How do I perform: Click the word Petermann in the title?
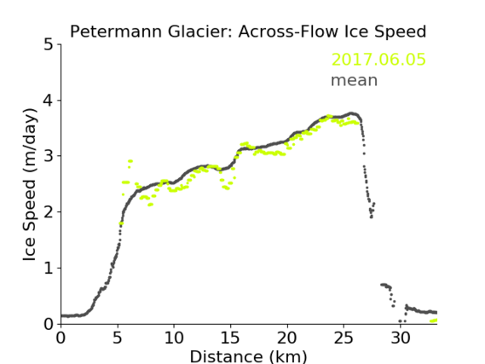(116, 32)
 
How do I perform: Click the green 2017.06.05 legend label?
(378, 60)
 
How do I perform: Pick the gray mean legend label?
(355, 80)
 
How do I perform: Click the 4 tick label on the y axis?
(49, 101)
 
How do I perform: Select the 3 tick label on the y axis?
(49, 156)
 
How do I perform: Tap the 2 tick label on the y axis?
(49, 212)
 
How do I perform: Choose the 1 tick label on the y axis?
(49, 269)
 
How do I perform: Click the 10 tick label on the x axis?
(174, 338)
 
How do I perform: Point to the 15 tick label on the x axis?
(230, 338)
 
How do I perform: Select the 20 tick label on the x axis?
(286, 338)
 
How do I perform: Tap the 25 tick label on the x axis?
(344, 338)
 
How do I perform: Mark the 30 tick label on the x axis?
(400, 338)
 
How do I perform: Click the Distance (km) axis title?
(248, 356)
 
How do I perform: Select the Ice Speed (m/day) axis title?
(30, 185)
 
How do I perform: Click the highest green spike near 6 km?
(130, 161)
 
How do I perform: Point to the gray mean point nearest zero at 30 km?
(400, 321)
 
